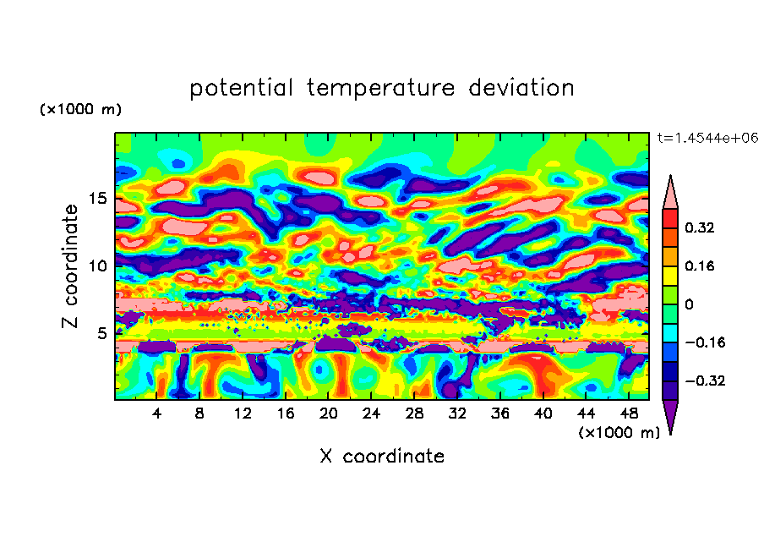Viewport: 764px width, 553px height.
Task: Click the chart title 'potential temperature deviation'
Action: pos(382,88)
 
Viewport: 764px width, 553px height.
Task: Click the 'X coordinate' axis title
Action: pos(382,457)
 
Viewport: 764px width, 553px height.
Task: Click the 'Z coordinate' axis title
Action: pos(72,266)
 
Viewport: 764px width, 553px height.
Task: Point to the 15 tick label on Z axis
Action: pos(99,199)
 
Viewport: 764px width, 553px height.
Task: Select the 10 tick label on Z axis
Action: pos(99,266)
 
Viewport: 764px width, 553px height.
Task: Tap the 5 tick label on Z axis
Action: pos(103,333)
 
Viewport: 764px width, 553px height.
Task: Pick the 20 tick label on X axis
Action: pos(329,413)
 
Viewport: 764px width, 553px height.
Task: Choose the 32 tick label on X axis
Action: pos(457,413)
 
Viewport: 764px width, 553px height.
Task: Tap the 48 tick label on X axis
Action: pos(629,413)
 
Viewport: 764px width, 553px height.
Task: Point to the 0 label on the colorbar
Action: pos(690,304)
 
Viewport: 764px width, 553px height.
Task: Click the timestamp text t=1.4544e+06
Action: pos(707,138)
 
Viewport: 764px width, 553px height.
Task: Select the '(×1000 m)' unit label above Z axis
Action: pos(80,110)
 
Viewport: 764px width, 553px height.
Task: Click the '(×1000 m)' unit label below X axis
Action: pos(619,433)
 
